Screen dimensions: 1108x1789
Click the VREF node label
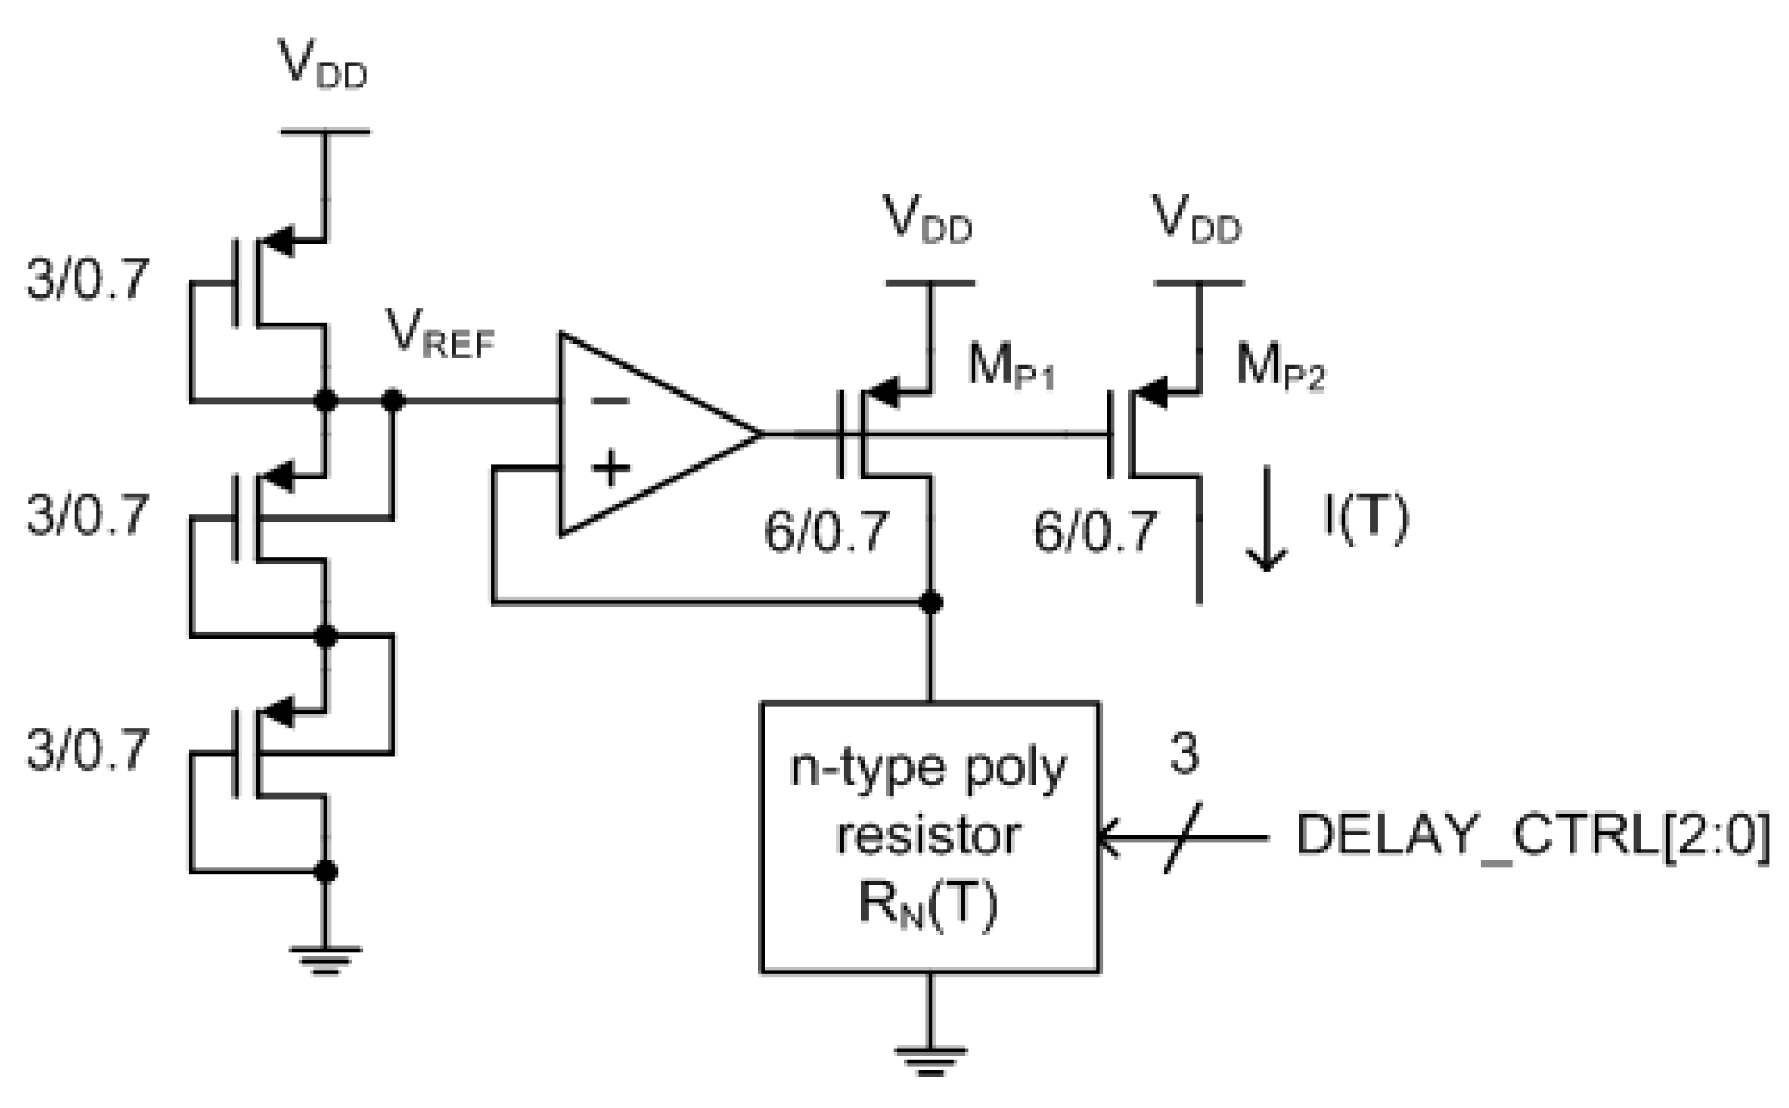[440, 335]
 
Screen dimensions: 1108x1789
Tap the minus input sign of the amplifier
[611, 401]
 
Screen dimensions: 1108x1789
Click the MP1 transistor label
[1011, 368]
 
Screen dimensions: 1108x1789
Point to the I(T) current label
[1365, 518]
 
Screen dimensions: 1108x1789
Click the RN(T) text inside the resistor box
[928, 906]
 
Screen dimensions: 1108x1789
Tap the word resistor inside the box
[929, 836]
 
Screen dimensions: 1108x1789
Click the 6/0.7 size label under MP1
[826, 531]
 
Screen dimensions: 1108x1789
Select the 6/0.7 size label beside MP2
[1095, 531]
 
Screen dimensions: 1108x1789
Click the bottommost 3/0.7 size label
[87, 751]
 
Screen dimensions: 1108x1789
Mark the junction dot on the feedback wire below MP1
[931, 602]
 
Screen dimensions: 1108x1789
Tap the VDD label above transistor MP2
[1198, 219]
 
